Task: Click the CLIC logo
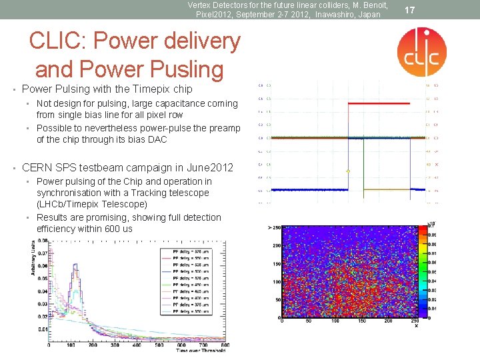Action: pyautogui.click(x=421, y=52)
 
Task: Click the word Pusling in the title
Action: pyautogui.click(x=177, y=69)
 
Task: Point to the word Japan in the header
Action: pyautogui.click(x=369, y=14)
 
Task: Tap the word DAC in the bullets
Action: pyautogui.click(x=158, y=139)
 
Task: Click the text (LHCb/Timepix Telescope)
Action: pyautogui.click(x=92, y=204)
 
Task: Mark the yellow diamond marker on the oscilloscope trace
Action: pyautogui.click(x=348, y=171)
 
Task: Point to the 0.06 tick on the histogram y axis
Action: pyautogui.click(x=40, y=266)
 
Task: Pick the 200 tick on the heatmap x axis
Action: pyautogui.click(x=387, y=322)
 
